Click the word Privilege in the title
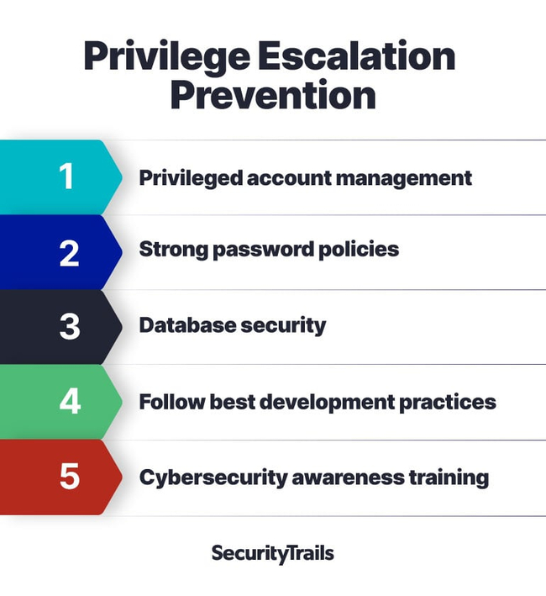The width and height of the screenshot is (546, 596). [x=166, y=56]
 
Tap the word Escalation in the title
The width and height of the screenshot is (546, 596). [x=357, y=55]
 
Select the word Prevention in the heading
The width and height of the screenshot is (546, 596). [x=273, y=95]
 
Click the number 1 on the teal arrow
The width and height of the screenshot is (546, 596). [x=66, y=176]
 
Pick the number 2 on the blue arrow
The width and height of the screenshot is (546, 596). [x=69, y=253]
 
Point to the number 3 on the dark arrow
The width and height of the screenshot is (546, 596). [x=70, y=326]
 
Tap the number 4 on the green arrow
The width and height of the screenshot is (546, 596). [x=71, y=401]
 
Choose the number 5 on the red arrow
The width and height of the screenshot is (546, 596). [x=70, y=476]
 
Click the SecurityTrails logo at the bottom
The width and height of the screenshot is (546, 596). [x=273, y=554]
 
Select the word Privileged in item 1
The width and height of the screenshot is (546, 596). [x=191, y=178]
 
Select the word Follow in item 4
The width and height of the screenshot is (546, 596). [x=172, y=402]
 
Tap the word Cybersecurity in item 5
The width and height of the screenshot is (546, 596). [x=213, y=477]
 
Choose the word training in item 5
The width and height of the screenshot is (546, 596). [x=449, y=478]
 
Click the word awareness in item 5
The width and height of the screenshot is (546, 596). [x=348, y=478]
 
